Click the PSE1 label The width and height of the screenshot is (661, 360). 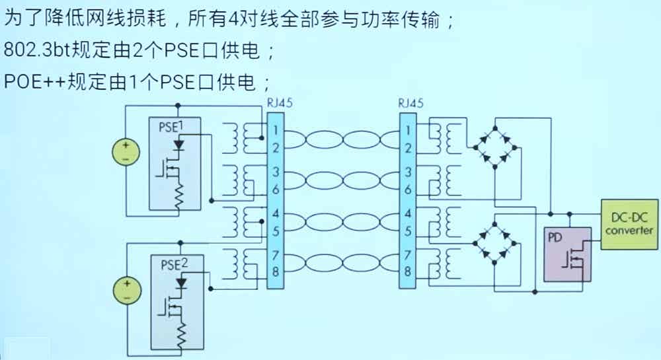coord(171,126)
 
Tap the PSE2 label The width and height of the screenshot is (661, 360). coord(174,264)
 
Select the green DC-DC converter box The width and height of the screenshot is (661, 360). coord(629,225)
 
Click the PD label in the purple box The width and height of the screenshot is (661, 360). coord(555,238)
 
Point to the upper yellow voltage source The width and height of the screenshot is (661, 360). coord(126,153)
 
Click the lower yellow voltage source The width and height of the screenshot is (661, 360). coord(127,291)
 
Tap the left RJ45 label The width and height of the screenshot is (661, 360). coord(280,103)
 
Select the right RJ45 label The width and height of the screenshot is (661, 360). coord(411,103)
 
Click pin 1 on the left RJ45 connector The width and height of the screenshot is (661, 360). coord(275,130)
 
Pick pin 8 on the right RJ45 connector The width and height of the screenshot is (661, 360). coord(407,271)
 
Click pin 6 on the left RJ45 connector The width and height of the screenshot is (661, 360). coord(275,190)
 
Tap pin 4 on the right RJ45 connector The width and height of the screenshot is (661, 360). coord(407,213)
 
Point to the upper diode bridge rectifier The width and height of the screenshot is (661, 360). coord(495,147)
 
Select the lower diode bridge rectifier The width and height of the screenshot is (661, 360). coord(495,243)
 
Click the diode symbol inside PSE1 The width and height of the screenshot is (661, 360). coord(178,145)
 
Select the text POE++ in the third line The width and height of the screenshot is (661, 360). coord(34,81)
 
